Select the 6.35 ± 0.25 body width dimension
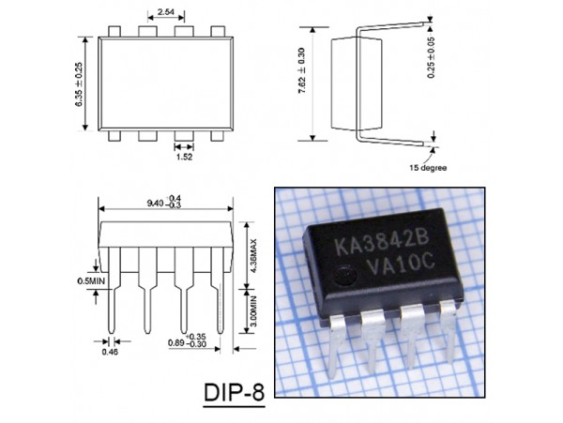[81, 83]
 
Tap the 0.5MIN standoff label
[91, 279]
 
